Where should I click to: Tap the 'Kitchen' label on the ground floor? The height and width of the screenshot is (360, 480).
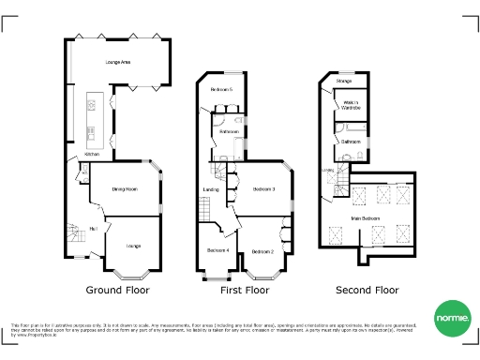coord(92,154)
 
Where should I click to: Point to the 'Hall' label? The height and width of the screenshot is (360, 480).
coord(93,228)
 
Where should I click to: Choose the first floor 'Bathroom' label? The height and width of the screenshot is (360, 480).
coord(229,132)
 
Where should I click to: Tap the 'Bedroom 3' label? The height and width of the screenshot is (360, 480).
coord(263,190)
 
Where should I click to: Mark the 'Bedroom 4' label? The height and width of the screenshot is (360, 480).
coord(217,250)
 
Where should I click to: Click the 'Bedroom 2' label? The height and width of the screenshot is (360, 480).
coord(262,252)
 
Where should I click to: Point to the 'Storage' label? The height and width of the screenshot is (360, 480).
coord(344,82)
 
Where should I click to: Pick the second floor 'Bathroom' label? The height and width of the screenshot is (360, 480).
coord(352,142)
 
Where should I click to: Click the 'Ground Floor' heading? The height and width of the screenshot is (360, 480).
coord(118,291)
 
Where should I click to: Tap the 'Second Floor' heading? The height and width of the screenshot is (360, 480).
coord(361,291)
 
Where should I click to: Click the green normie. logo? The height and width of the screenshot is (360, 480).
coord(450,319)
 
